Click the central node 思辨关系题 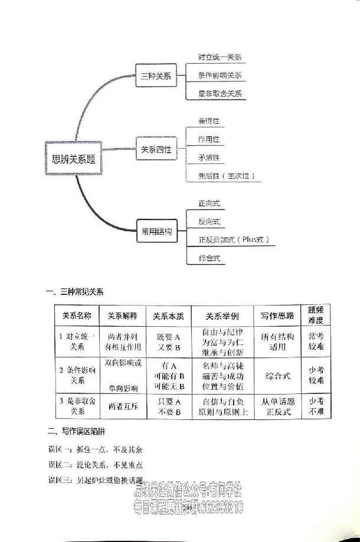73,158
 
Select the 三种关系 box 156,76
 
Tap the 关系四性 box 156,150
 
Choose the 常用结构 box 156,232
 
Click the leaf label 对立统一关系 220,58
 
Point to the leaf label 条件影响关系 220,75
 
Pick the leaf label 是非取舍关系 220,93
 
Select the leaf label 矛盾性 209,157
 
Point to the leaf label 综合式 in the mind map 210,258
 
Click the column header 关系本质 168,316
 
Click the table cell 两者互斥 123,406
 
